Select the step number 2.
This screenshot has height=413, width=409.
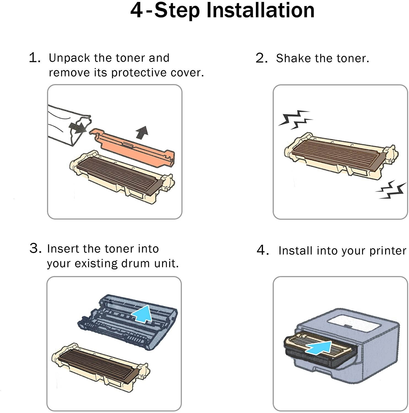coord(261,58)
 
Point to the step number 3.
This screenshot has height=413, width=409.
coord(36,248)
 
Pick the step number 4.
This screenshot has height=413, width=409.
coord(262,250)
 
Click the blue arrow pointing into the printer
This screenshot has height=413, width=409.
coord(318,347)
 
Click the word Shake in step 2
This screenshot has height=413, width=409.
coord(294,58)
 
